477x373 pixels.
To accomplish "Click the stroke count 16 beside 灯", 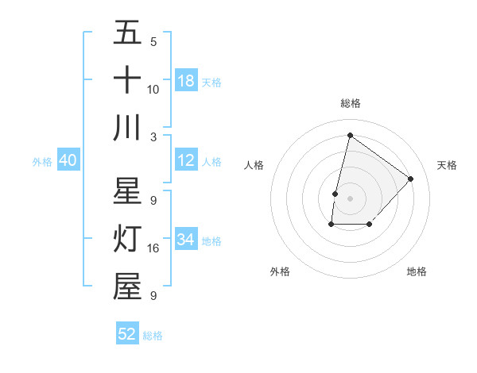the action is [153, 248].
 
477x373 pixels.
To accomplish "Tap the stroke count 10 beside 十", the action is [153, 89].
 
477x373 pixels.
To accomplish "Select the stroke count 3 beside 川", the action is [153, 137].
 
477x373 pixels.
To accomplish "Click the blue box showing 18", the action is [186, 80].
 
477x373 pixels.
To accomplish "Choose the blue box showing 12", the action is [186, 160].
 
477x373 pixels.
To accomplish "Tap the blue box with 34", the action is [186, 240].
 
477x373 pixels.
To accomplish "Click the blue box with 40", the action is [68, 160].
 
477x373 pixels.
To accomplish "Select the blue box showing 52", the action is [127, 334].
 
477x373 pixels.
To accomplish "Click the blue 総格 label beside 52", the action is [153, 336].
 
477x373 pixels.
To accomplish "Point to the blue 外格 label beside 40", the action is [42, 162].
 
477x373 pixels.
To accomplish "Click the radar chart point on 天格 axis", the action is [410, 179].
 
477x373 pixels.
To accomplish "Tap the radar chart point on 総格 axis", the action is [349, 136].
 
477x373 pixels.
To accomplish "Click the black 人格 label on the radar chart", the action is [254, 165].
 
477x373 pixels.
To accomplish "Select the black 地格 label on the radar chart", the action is [417, 271].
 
